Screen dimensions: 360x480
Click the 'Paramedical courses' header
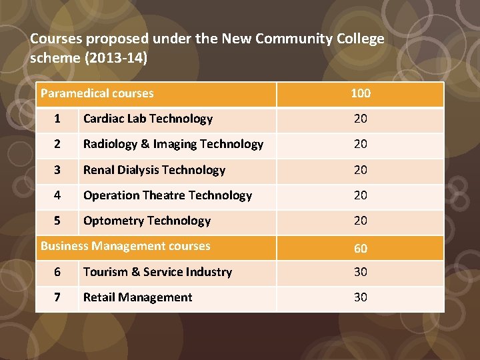(97, 93)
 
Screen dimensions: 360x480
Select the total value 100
(361, 93)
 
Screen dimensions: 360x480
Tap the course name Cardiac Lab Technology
(148, 119)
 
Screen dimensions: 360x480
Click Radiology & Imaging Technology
(173, 144)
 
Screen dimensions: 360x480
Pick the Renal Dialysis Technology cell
(155, 170)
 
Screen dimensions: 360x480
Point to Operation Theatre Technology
(167, 195)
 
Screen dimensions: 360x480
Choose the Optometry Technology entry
(147, 221)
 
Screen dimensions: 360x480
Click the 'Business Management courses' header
(125, 246)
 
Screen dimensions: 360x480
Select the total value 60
(361, 248)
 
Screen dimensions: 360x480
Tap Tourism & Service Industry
(157, 272)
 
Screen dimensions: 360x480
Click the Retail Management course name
(137, 297)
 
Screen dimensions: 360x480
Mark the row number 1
(57, 119)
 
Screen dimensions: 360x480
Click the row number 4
(57, 195)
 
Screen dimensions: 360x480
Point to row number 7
(57, 297)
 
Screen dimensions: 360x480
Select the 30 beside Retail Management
(361, 297)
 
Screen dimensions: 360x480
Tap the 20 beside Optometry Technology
(361, 221)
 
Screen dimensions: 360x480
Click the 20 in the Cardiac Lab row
(361, 119)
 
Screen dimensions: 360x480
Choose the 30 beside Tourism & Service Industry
(361, 272)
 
